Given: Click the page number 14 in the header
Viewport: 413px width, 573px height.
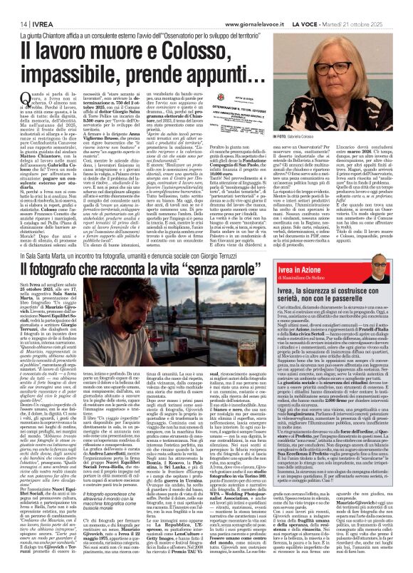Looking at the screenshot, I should click(14, 6).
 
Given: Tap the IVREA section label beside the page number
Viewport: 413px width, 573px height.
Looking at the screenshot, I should click(36, 6).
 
